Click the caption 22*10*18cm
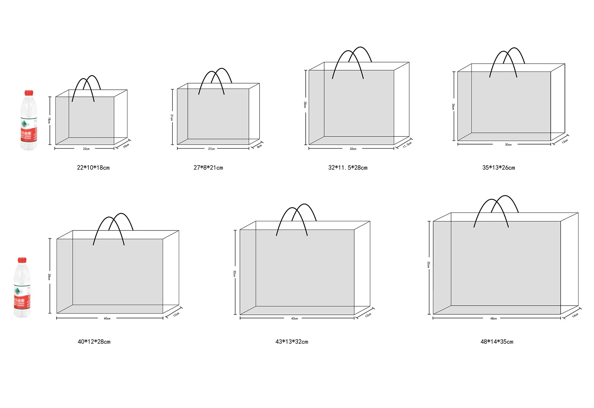[x=93, y=168]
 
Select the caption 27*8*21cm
[x=208, y=168]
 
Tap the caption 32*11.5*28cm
[x=348, y=168]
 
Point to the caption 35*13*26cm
[x=498, y=168]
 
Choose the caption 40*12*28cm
[x=94, y=342]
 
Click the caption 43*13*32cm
[x=292, y=342]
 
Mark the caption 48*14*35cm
[x=497, y=342]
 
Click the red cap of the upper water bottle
[x=29, y=93]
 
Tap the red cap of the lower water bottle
[x=22, y=260]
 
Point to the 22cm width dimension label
[x=86, y=149]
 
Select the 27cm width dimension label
[x=211, y=149]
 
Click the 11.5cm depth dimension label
[x=407, y=144]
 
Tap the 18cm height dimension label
[x=49, y=120]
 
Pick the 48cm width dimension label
[x=493, y=318]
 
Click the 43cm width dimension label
[x=295, y=318]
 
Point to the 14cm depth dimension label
[x=575, y=315]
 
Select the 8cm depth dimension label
[x=260, y=146]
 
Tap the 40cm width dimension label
[x=107, y=318]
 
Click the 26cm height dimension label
[x=453, y=107]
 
